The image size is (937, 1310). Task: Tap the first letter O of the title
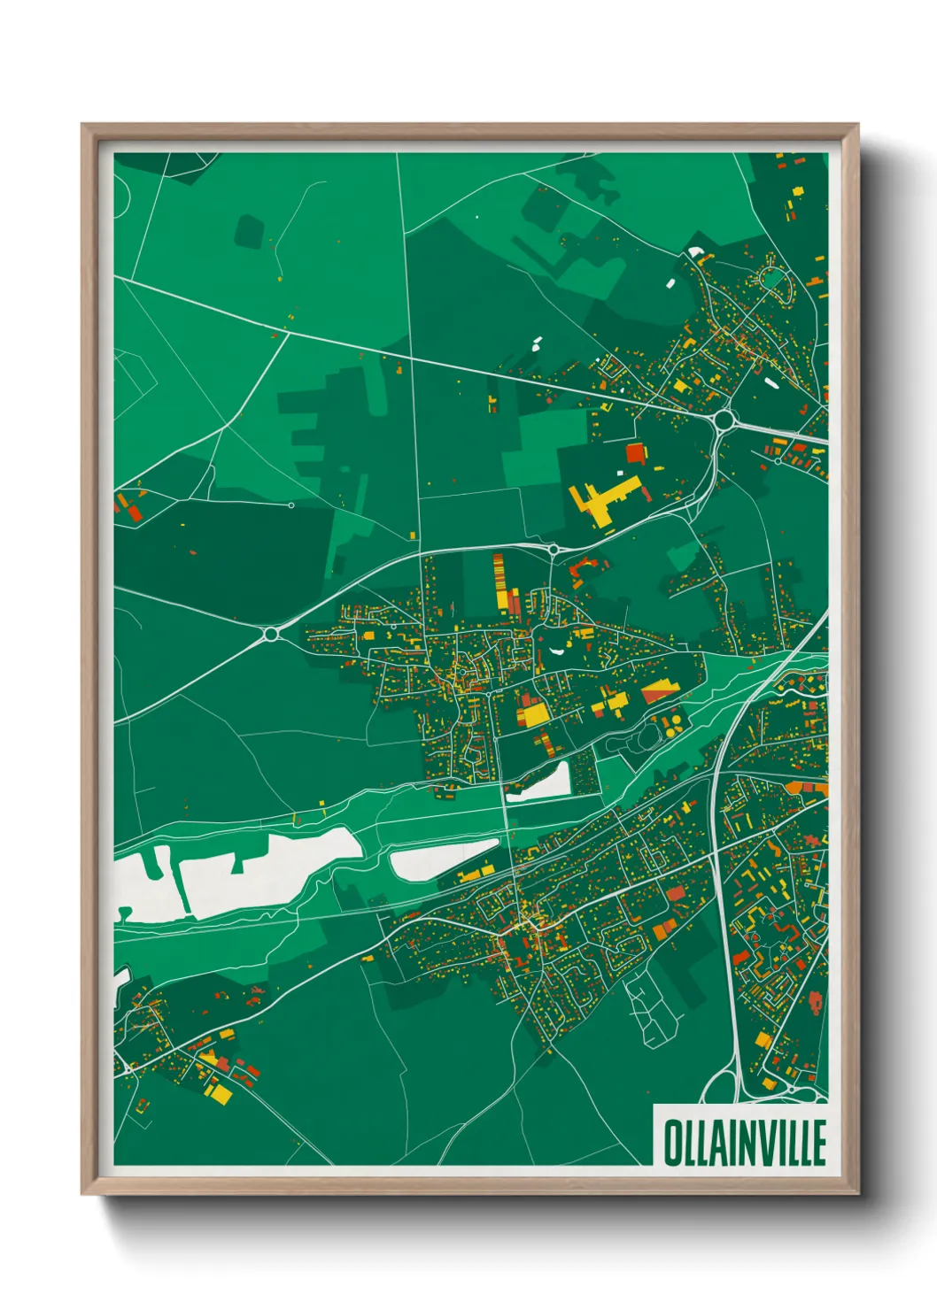click(x=671, y=1143)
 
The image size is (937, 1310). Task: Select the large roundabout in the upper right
click(x=724, y=420)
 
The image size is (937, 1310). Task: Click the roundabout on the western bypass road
click(x=271, y=634)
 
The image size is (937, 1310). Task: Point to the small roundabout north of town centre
click(x=554, y=550)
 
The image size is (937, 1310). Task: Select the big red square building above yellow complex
click(x=636, y=454)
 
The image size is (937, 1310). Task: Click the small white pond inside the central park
click(x=556, y=651)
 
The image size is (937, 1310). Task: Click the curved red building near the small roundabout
click(x=581, y=566)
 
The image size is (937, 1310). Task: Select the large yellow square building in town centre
click(x=533, y=713)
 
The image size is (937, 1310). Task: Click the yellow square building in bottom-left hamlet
click(x=219, y=1094)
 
